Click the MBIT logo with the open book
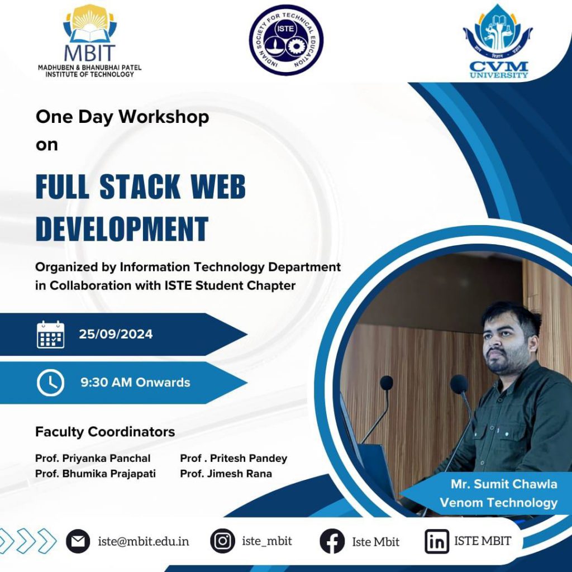tap(90, 41)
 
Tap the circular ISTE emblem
tap(285, 40)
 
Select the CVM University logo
tap(498, 41)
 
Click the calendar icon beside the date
tap(51, 334)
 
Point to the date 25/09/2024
tap(116, 334)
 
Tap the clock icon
tap(51, 383)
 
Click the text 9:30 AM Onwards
tap(135, 382)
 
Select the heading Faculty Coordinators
tap(105, 432)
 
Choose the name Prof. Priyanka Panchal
tap(93, 458)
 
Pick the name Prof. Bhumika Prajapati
tap(96, 474)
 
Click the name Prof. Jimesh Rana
tap(226, 474)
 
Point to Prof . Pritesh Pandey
tap(234, 458)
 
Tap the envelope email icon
tap(78, 541)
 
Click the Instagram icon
tap(222, 541)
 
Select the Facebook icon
tap(332, 541)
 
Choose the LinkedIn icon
tap(437, 541)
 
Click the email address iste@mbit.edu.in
tap(144, 541)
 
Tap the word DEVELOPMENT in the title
tap(122, 228)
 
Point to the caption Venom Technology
tap(499, 503)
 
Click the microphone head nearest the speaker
tap(459, 384)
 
